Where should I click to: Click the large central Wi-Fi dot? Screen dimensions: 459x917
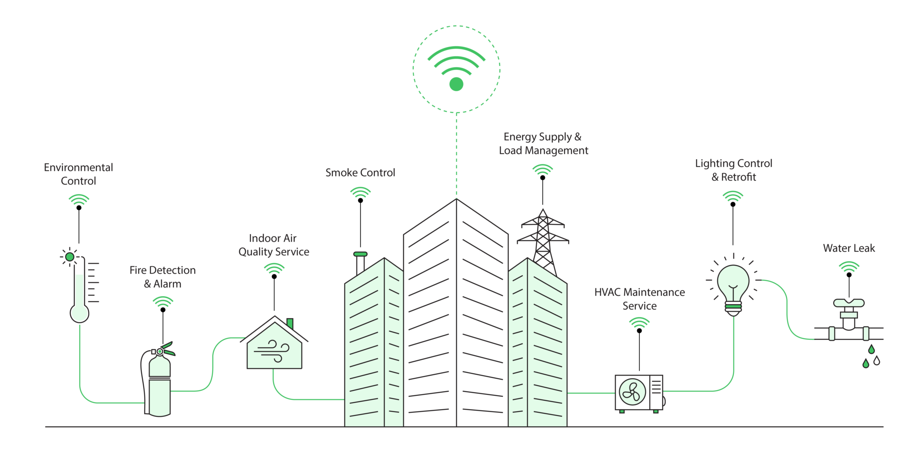click(x=456, y=84)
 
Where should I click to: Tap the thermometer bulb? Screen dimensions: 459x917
click(x=80, y=313)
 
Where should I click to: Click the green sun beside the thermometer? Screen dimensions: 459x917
click(x=69, y=257)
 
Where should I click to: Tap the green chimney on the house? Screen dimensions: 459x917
click(x=290, y=323)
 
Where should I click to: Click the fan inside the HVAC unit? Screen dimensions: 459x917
click(x=632, y=392)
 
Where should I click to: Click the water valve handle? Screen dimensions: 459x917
click(x=848, y=303)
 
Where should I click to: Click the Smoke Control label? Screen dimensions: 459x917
click(x=360, y=173)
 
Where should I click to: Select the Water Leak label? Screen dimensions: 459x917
click(x=849, y=248)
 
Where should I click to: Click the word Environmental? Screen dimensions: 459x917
click(x=78, y=168)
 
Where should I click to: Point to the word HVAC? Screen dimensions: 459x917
click(x=607, y=293)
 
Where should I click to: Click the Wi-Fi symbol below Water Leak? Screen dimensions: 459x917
click(x=849, y=267)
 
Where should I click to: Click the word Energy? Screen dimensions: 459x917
click(x=519, y=137)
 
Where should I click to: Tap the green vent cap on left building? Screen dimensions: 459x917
click(x=360, y=254)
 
